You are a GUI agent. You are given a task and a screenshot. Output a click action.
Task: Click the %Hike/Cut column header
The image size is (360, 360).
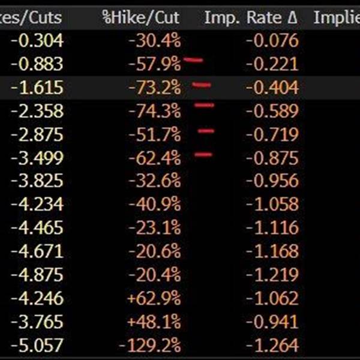141,17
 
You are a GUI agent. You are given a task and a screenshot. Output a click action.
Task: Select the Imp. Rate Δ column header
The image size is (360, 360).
251,17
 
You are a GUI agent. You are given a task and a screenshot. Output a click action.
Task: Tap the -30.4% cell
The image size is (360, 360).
154,41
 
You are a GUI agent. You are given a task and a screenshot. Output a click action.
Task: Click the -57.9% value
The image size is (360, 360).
154,64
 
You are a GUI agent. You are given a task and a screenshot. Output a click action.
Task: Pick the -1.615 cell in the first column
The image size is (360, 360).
37,88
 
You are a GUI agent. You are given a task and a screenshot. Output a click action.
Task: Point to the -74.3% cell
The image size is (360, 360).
154,111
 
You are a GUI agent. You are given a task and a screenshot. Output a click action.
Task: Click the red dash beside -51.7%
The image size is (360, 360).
206,130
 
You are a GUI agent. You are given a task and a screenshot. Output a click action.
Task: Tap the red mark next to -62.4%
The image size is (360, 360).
204,155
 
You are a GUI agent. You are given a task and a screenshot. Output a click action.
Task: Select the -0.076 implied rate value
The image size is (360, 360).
272,41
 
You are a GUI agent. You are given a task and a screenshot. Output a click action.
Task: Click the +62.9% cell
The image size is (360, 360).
153,298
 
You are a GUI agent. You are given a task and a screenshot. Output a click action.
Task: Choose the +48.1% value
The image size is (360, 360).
153,322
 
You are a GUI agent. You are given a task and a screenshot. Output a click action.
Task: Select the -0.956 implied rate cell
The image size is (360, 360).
272,181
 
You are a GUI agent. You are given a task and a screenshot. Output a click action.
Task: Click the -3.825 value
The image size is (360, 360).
37,181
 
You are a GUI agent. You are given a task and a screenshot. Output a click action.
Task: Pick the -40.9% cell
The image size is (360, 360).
154,205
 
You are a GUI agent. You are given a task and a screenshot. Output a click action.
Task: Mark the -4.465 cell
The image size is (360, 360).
37,228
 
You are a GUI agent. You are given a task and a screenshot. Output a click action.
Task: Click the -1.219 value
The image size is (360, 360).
272,275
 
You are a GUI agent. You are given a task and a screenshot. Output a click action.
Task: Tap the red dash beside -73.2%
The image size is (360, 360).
202,85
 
